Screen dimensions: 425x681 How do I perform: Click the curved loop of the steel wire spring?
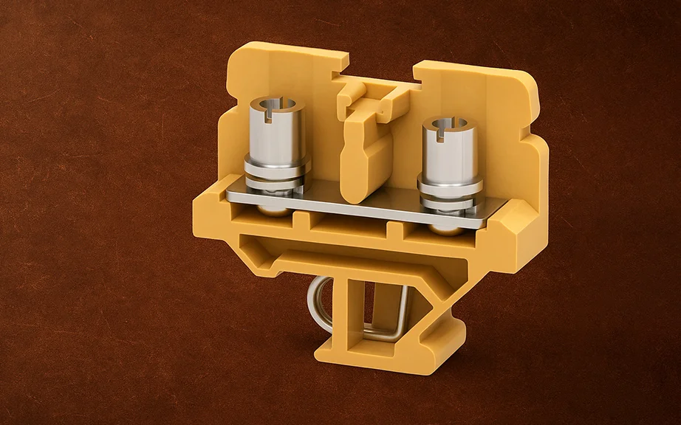point(315,303)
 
